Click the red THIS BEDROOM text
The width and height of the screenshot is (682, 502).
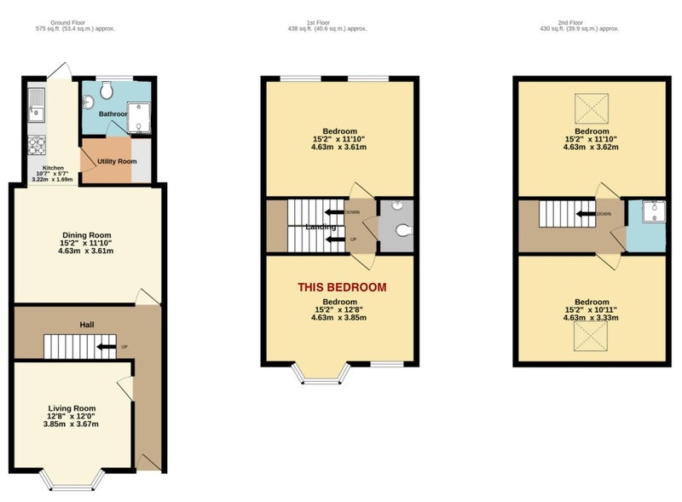pos(342,287)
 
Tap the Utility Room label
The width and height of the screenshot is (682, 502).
pos(117,161)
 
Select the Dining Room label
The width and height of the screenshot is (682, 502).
pos(87,235)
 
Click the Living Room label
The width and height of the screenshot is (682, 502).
pos(72,408)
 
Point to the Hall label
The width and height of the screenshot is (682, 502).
pos(87,325)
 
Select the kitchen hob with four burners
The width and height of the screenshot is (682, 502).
pos(37,145)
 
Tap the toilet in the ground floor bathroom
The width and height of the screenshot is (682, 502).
pos(107,90)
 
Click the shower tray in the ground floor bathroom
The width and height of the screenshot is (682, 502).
pos(139,118)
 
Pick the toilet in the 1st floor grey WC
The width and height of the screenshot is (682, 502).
pos(403,229)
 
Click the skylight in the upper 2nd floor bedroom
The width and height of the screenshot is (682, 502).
pos(592,108)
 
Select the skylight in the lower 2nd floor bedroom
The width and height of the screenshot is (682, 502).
pos(590,336)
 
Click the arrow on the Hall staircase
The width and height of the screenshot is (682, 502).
pos(106,347)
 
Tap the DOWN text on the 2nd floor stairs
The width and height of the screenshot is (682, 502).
pos(604,214)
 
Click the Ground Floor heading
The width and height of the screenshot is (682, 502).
pos(68,23)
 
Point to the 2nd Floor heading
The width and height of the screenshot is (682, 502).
pos(570,23)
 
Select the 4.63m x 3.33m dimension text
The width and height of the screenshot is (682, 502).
pos(591,318)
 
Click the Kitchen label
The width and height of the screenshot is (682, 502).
pos(53,168)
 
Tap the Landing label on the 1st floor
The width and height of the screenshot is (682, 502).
pos(321,227)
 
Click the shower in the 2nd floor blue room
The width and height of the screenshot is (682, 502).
pos(654,211)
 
